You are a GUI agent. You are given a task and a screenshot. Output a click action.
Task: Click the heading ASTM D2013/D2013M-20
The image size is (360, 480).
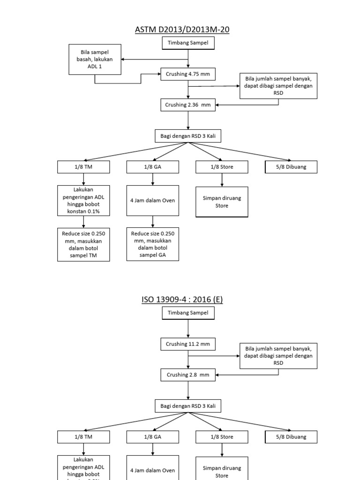pyautogui.click(x=182, y=30)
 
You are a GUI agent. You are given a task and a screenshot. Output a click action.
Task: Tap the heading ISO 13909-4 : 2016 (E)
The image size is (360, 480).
pyautogui.click(x=182, y=299)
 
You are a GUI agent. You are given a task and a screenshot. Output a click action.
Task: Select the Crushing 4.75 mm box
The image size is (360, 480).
pyautogui.click(x=188, y=74)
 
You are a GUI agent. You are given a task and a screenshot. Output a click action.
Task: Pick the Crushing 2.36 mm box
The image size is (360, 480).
pyautogui.click(x=188, y=105)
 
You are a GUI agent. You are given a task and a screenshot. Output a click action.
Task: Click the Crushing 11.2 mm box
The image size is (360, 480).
pyautogui.click(x=188, y=344)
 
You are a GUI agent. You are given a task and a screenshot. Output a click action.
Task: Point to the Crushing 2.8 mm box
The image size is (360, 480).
pyautogui.click(x=188, y=375)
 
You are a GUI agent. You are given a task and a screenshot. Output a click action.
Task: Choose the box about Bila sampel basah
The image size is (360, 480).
pyautogui.click(x=95, y=60)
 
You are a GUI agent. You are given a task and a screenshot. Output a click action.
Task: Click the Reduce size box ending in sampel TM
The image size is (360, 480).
pyautogui.click(x=83, y=244)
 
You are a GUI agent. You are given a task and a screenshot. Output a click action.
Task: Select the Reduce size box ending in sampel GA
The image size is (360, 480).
pyautogui.click(x=152, y=244)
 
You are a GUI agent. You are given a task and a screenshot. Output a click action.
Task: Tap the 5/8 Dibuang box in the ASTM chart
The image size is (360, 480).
pyautogui.click(x=291, y=167)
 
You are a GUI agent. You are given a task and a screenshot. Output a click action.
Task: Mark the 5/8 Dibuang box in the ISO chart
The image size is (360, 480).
pyautogui.click(x=291, y=437)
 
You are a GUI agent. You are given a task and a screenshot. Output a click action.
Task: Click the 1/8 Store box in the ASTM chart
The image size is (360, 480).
pyautogui.click(x=222, y=167)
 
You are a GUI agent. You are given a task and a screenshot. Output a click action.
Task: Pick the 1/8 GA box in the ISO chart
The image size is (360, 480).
pyautogui.click(x=152, y=437)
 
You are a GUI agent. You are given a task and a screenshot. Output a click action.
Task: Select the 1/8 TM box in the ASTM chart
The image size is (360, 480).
pyautogui.click(x=83, y=167)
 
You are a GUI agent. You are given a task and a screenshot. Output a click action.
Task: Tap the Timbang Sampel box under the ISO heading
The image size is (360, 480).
pyautogui.click(x=188, y=313)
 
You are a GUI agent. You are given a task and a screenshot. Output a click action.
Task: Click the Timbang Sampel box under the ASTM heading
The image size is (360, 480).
pyautogui.click(x=188, y=43)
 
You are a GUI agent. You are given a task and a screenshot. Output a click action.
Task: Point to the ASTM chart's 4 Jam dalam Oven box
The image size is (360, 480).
pyautogui.click(x=152, y=201)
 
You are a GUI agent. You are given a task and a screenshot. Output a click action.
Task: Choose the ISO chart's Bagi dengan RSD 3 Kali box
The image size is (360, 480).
pyautogui.click(x=188, y=406)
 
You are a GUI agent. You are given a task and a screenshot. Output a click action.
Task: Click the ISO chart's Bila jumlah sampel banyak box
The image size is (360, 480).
pyautogui.click(x=278, y=356)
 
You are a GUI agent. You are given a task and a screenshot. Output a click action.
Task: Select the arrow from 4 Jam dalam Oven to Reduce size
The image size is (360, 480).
pyautogui.click(x=152, y=221)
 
